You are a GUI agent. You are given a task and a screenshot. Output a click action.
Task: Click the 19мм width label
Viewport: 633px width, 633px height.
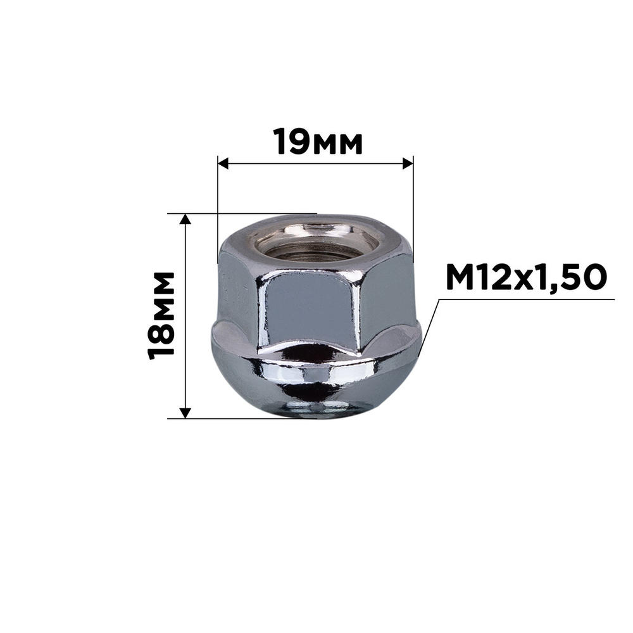point(318,142)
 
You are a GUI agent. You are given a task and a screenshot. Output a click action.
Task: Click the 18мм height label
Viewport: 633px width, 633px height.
point(161,315)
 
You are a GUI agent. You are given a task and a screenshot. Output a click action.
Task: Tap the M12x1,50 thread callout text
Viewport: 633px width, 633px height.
point(526,277)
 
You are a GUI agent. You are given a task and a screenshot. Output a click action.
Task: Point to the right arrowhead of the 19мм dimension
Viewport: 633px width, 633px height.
point(408,163)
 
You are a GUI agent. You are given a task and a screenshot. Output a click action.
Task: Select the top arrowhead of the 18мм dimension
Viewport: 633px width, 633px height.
point(185,219)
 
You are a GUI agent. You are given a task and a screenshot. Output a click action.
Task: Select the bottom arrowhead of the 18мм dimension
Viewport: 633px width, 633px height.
point(185,413)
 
